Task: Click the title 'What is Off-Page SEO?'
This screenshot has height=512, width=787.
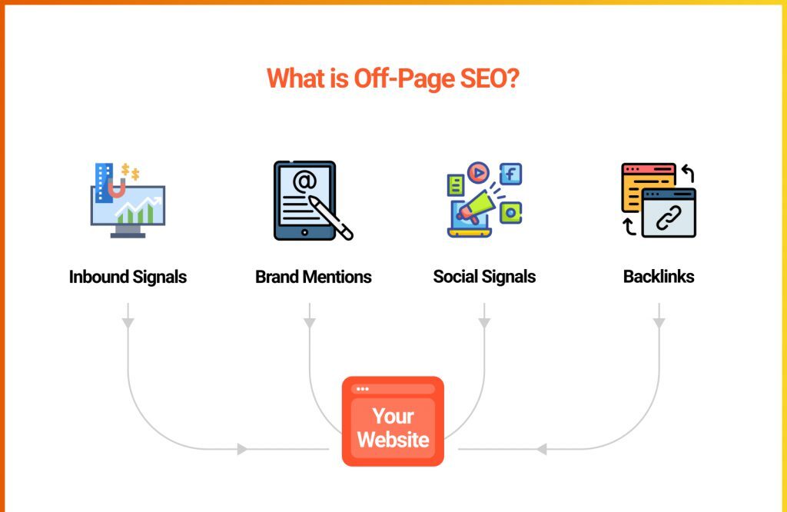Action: click(x=393, y=79)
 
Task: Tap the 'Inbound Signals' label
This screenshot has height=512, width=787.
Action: click(x=128, y=277)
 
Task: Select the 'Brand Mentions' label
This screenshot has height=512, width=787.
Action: click(x=314, y=277)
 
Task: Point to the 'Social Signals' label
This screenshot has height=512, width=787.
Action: click(x=484, y=277)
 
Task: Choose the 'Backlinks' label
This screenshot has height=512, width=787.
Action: click(x=659, y=277)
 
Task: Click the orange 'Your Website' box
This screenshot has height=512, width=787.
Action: click(x=393, y=421)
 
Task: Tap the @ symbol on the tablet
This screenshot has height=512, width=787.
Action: click(x=304, y=181)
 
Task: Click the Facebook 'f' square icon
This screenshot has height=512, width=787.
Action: click(x=510, y=175)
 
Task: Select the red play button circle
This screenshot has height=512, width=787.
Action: click(x=478, y=173)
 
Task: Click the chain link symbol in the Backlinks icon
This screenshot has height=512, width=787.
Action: click(x=669, y=218)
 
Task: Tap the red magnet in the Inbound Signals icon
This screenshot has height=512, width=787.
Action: click(x=117, y=188)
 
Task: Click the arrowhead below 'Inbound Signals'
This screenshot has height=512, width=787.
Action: click(x=128, y=323)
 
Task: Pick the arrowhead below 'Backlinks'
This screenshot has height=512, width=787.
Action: click(x=659, y=323)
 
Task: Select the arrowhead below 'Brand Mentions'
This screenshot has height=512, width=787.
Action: click(x=310, y=323)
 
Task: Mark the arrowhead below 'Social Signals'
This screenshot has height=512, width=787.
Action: click(x=484, y=323)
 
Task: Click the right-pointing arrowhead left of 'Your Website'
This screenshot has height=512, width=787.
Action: click(x=242, y=449)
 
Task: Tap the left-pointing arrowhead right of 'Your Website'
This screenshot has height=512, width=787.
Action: click(x=542, y=449)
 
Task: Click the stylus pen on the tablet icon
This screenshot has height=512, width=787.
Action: click(x=330, y=218)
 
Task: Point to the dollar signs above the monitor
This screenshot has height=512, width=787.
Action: click(x=130, y=171)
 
